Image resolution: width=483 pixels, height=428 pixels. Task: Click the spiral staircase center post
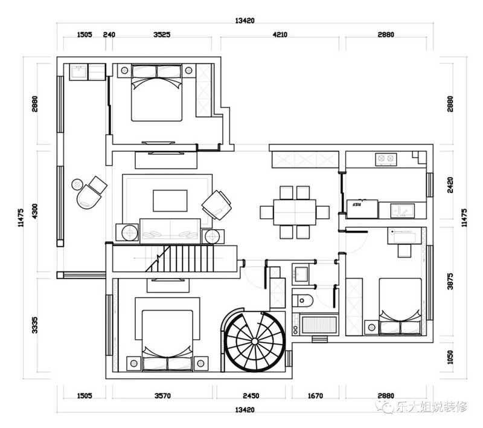click(254, 341)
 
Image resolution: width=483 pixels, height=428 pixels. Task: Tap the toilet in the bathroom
click(302, 300)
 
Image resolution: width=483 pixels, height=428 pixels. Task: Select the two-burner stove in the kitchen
click(386, 159)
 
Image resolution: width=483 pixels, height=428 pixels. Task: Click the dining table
click(295, 212)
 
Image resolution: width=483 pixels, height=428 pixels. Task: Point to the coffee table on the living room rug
click(170, 201)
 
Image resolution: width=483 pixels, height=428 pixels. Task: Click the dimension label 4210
click(280, 34)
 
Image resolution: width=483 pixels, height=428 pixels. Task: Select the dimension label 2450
click(251, 395)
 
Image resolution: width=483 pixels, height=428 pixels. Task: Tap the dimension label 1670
click(315, 395)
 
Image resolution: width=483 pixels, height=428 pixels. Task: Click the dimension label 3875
click(450, 281)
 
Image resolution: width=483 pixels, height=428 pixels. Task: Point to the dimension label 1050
click(450, 357)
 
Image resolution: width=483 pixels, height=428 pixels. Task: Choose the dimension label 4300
click(35, 211)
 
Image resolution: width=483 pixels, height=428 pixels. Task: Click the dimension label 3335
click(35, 325)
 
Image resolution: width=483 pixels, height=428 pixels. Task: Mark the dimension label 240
click(109, 34)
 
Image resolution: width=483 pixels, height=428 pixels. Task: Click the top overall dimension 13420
click(245, 21)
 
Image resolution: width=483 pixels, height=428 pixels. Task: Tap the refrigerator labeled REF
click(362, 209)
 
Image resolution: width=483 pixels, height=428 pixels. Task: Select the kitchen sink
click(403, 210)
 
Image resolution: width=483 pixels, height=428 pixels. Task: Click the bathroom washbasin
click(300, 274)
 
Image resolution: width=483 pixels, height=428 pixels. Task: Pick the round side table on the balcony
click(77, 185)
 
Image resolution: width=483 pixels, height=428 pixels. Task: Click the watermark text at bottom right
click(421, 406)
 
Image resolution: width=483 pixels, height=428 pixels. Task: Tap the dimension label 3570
click(162, 395)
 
